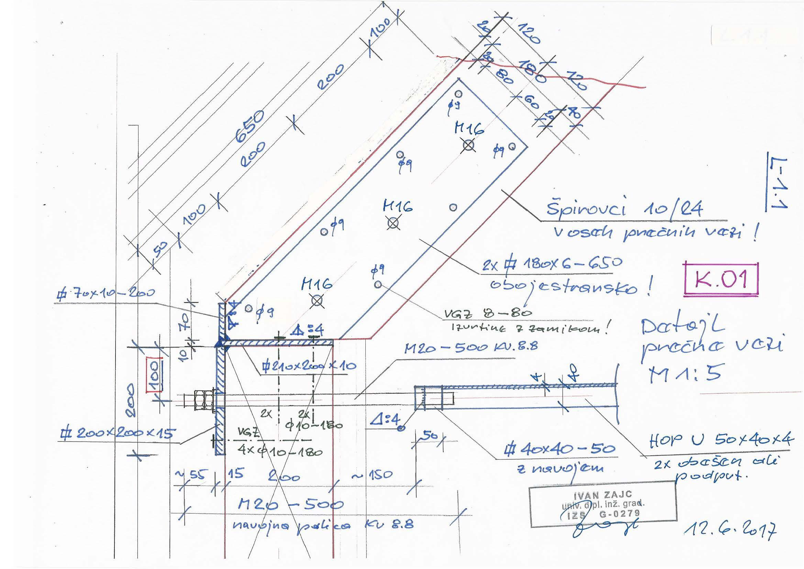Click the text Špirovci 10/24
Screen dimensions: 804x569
[x=624, y=210]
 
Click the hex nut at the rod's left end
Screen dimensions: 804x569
[x=202, y=400]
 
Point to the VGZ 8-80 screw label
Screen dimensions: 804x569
[x=487, y=314]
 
